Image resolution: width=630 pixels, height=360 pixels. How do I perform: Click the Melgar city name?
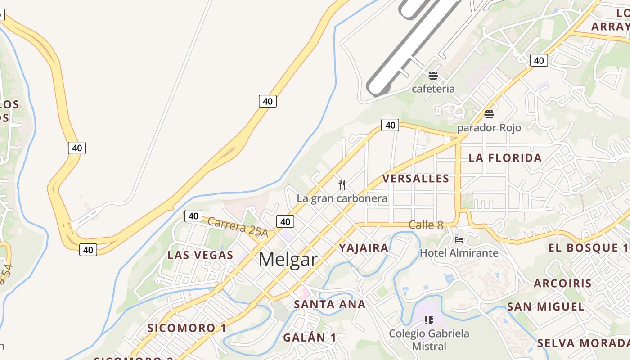pos(288,260)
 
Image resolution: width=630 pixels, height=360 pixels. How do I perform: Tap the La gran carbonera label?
pos(342,198)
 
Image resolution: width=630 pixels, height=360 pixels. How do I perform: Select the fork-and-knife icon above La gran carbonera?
pos(342,184)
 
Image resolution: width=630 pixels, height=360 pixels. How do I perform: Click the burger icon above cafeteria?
pos(433,76)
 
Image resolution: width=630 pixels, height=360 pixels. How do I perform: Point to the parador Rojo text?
pos(489,128)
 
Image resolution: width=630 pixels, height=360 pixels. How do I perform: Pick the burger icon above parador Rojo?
pos(489,114)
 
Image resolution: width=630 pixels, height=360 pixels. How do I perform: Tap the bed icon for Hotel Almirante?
pos(459,239)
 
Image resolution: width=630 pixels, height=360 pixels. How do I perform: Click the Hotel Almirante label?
pos(459,253)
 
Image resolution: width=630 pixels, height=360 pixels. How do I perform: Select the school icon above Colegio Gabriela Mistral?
pos(429,320)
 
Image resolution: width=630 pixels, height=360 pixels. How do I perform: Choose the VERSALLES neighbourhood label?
pos(416,179)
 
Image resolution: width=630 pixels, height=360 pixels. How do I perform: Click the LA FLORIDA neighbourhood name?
pos(505,158)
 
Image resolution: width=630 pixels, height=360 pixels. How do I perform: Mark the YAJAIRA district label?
pos(364,248)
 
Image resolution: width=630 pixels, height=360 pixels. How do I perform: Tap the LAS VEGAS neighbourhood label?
pos(200,255)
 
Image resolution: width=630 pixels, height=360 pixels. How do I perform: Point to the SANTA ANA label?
pos(330,304)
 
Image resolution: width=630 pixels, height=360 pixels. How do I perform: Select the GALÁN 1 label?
pos(310,337)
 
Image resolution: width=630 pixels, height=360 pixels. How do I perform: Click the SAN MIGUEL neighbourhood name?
pos(546,307)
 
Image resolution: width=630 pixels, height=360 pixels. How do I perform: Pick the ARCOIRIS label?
pos(563,283)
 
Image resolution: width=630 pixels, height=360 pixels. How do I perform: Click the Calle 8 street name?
pos(426,225)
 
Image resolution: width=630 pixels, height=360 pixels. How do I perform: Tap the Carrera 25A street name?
pos(238,227)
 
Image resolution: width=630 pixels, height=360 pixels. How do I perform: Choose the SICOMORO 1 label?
pos(187,328)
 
